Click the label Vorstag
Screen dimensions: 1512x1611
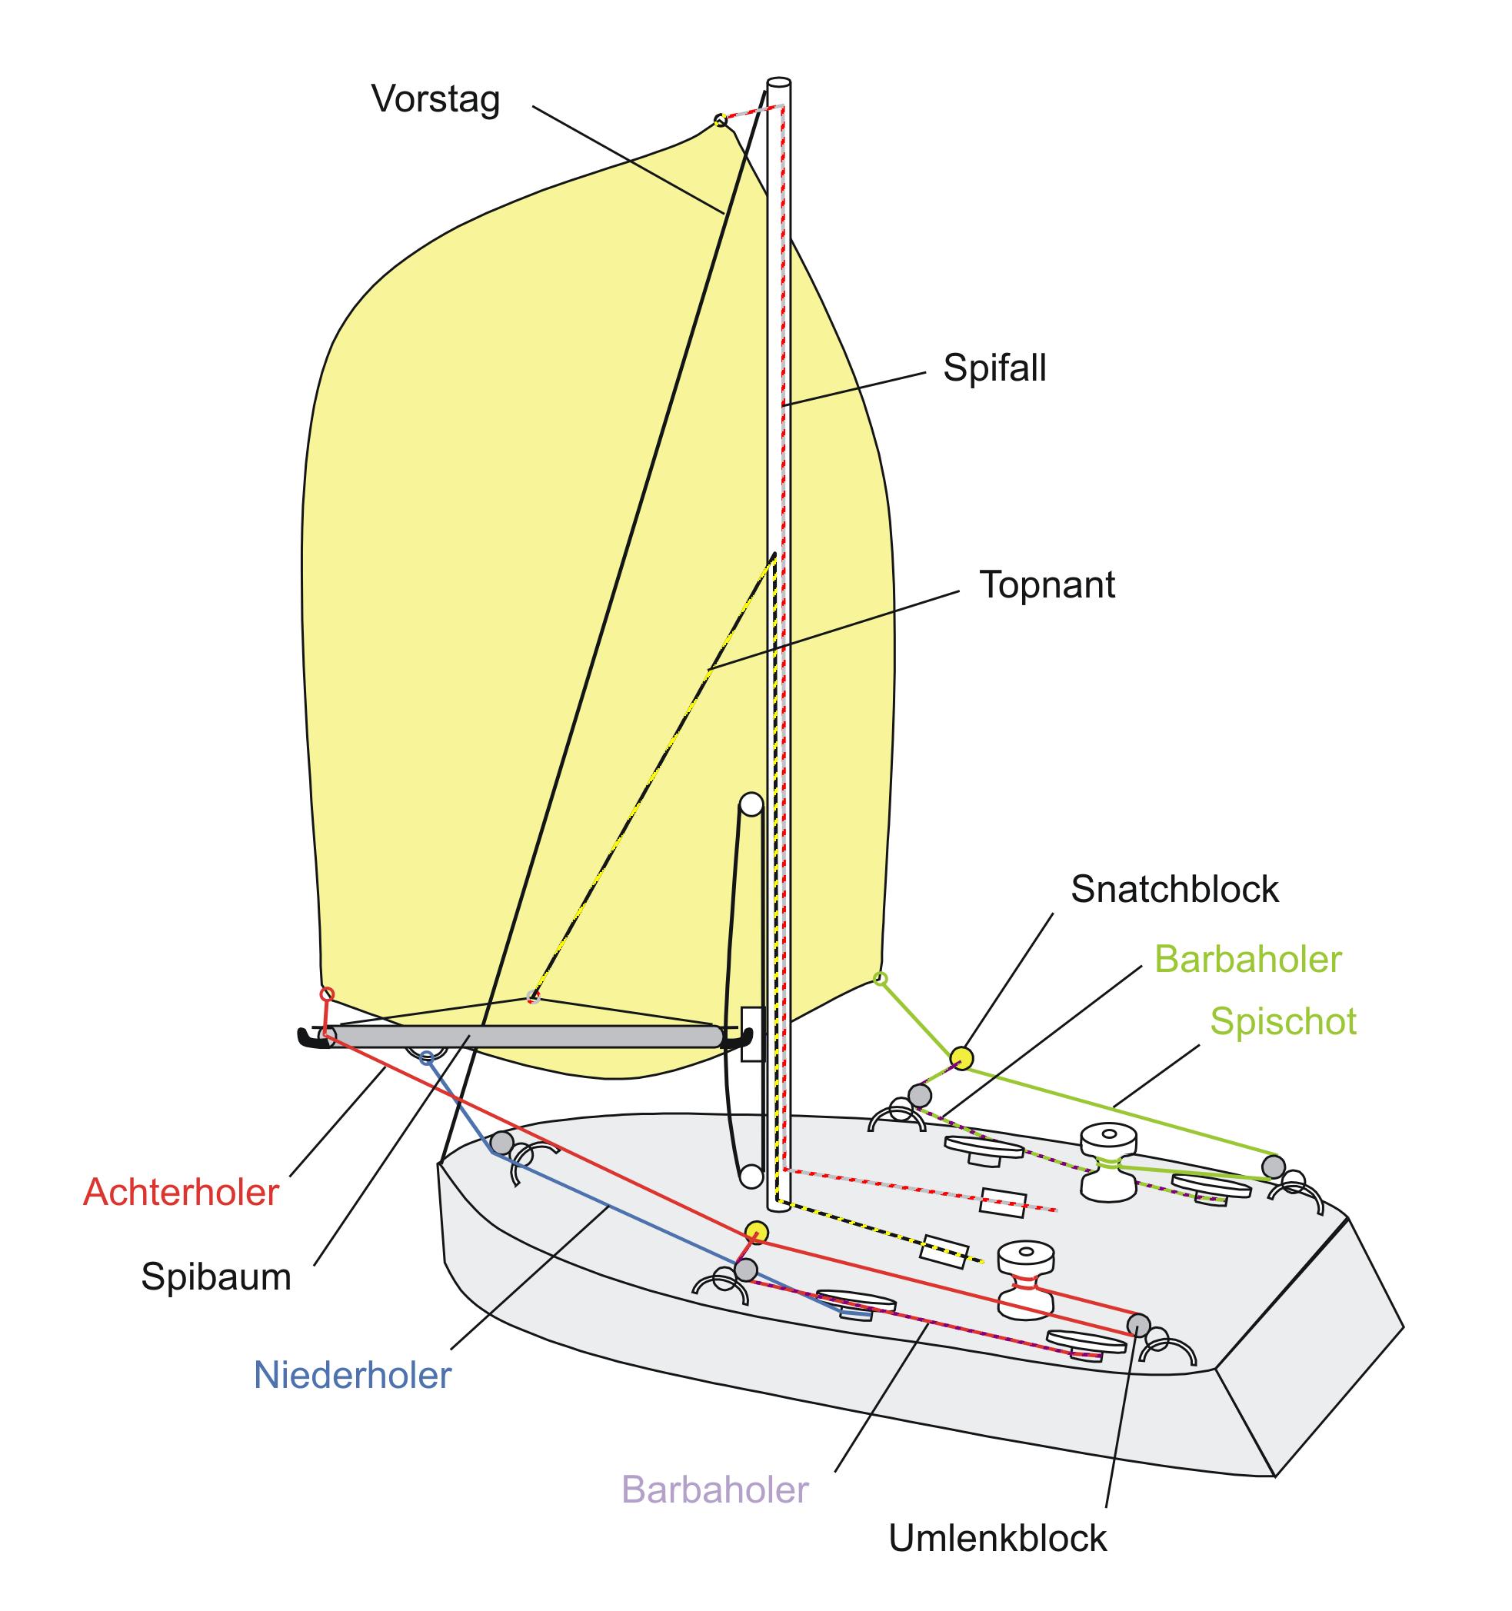436,101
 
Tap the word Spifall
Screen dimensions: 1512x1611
994,368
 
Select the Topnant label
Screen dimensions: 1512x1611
1047,584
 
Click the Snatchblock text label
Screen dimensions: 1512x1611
1174,889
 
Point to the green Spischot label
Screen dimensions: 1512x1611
1283,1022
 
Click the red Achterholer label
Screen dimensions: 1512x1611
181,1192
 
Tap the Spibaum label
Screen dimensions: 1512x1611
215,1277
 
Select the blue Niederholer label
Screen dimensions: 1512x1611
352,1375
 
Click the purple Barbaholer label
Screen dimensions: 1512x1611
715,1490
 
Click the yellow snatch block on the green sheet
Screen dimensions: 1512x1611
961,1057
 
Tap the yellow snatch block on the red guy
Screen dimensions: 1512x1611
756,1232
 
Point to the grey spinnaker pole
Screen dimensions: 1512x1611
525,1037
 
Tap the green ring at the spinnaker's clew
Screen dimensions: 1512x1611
881,979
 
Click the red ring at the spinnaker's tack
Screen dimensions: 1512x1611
327,994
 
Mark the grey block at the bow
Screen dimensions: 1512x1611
501,1143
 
